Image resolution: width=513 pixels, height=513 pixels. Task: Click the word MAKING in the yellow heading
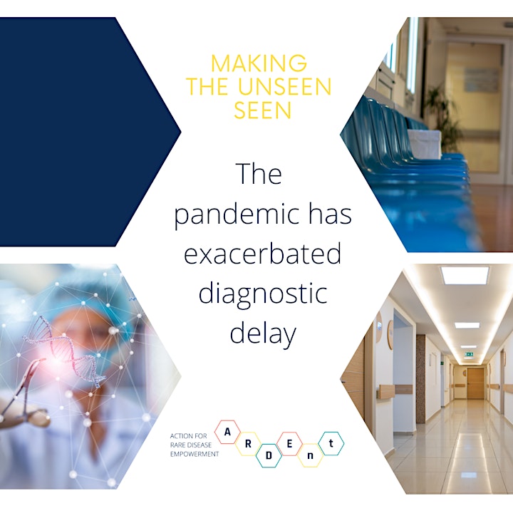coord(259,63)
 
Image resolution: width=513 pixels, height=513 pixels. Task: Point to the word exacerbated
coord(262,253)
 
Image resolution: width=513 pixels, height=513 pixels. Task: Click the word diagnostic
coord(263,294)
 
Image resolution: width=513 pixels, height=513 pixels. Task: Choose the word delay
coord(263,333)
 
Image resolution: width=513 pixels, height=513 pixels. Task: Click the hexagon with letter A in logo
coord(227,432)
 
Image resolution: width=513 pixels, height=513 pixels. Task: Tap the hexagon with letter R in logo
coord(248,444)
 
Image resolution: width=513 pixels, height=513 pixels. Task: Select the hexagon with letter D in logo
coord(269,456)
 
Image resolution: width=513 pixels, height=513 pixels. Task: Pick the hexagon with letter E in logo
coord(289,444)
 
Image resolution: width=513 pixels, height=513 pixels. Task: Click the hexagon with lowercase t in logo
coord(331,444)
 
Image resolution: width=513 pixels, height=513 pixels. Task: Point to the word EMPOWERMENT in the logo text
coord(195,454)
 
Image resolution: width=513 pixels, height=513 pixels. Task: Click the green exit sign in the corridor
coord(470,353)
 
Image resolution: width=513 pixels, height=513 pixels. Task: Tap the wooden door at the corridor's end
coord(475,383)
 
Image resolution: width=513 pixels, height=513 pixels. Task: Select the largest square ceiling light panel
coord(465,275)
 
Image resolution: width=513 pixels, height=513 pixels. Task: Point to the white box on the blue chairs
coord(425,144)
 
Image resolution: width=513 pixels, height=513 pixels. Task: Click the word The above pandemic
coord(259,174)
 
